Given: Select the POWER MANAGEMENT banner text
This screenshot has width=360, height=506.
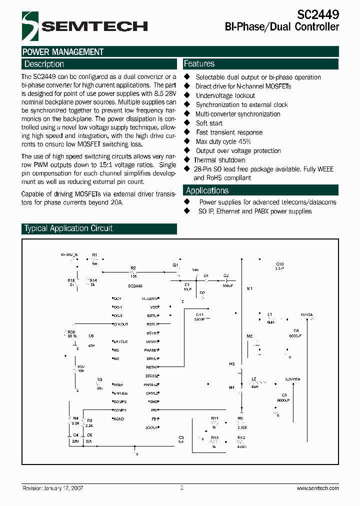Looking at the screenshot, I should coord(63,51).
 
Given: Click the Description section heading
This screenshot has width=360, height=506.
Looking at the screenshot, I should coord(44,64).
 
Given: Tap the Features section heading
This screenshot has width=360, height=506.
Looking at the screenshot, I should coord(199,63).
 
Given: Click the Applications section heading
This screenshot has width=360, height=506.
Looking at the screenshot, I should coord(207,190).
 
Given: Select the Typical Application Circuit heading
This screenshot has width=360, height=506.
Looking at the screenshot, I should coord(68,228).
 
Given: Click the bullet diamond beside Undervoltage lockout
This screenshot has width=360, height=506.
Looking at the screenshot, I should coord(187,95).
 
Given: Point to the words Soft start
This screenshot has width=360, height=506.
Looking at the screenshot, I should coord(209,123).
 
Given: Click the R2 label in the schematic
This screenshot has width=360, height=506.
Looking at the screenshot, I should coord(133,268).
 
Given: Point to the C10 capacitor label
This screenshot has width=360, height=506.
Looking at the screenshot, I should coord(279,264).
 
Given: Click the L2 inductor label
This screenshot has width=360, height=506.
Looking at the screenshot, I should coord(254,379).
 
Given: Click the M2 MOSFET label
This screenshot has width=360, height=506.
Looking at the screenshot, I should coord(249,335).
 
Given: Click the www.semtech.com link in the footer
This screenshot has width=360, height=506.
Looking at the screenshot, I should coord(317,488).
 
